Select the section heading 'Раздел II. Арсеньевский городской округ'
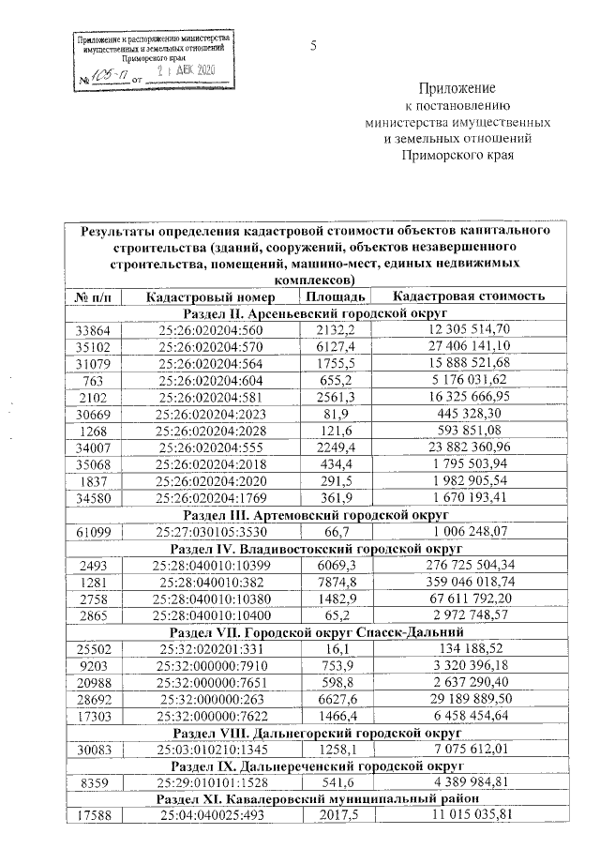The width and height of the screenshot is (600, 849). [313, 312]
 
